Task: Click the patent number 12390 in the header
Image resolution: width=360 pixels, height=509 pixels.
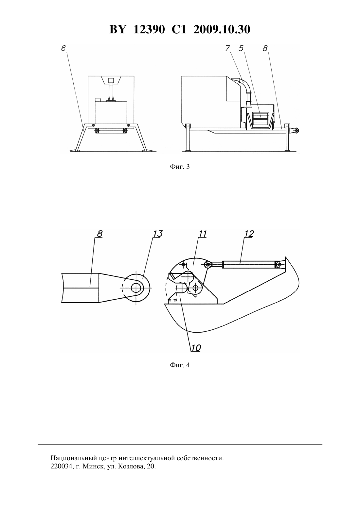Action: [x=149, y=29]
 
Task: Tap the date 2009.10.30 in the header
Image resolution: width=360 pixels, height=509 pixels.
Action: [x=222, y=29]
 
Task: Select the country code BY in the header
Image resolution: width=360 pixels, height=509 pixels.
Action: [x=117, y=29]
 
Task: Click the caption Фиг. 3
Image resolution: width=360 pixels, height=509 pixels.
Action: [x=180, y=167]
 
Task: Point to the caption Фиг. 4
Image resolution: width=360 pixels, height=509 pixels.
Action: [x=180, y=365]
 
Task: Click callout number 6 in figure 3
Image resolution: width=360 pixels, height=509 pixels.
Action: [x=63, y=48]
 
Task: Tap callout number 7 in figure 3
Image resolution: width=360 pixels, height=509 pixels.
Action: [x=227, y=48]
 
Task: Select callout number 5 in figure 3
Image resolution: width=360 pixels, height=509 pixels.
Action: [x=241, y=48]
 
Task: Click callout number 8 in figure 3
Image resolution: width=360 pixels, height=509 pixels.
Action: [x=265, y=48]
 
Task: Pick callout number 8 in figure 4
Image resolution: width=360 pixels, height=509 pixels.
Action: [x=99, y=234]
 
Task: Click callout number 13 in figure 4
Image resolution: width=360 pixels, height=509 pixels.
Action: [x=158, y=234]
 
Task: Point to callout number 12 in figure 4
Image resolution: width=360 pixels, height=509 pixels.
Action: [x=249, y=234]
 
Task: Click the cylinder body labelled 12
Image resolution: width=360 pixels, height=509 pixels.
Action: [x=248, y=265]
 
